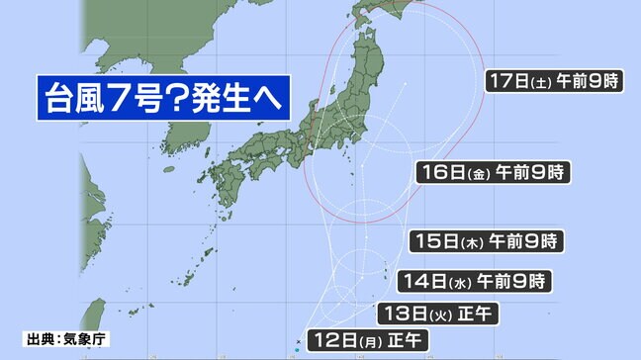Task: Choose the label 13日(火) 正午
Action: pos(437,314)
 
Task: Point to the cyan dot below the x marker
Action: pos(297,349)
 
